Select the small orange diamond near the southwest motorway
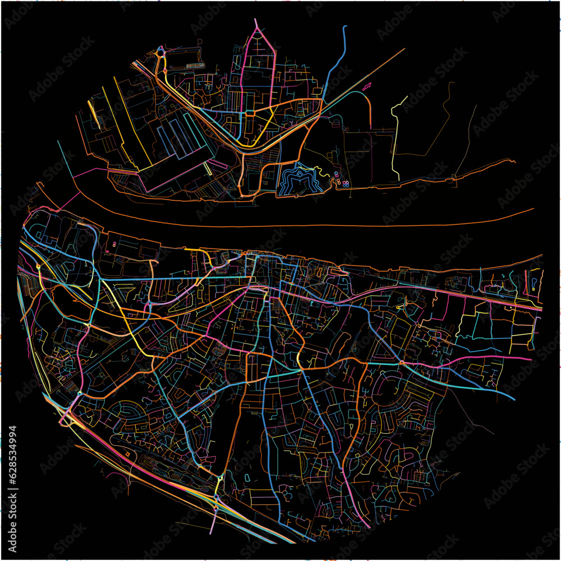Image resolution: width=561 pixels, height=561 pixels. [128, 453]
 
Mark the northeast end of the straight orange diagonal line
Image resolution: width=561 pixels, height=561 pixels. [404, 49]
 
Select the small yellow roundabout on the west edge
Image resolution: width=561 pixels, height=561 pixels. [38, 267]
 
